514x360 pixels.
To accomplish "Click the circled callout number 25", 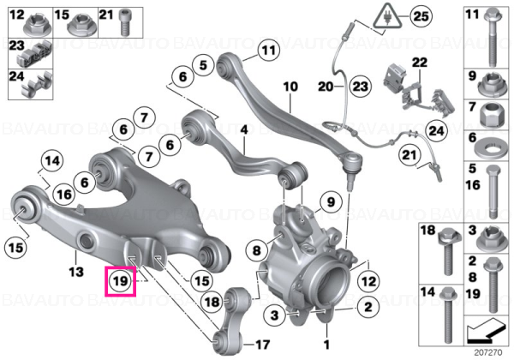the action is [421, 16].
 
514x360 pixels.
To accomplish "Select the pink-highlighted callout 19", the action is [120, 281].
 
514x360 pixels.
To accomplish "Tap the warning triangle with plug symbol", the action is [388, 16].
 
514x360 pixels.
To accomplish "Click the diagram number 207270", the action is [487, 353].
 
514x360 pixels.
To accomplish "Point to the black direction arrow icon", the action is [486, 331].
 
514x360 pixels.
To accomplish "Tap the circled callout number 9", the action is [331, 202].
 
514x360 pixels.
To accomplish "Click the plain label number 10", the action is [290, 87].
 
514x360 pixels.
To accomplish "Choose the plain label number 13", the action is [76, 272].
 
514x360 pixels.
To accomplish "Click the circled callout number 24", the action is [436, 131].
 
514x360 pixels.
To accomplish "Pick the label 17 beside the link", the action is [262, 345].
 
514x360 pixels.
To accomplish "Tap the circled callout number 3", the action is [274, 315].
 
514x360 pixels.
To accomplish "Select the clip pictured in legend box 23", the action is [34, 53].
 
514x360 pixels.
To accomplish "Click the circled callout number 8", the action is [256, 251].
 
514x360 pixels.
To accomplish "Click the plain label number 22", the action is [420, 63].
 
